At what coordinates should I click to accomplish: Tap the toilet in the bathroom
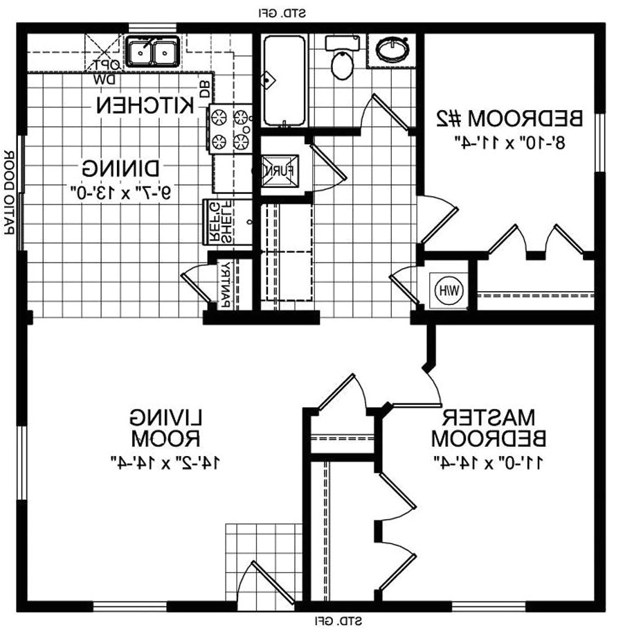tap(341, 63)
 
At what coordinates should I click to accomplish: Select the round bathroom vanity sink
tap(393, 50)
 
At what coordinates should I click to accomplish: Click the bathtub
tap(284, 80)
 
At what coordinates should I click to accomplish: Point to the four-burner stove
tap(231, 129)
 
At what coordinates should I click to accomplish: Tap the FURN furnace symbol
tap(282, 168)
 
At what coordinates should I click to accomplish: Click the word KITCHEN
tap(145, 106)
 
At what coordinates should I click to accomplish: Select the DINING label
tap(121, 168)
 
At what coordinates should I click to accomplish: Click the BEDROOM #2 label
tap(510, 118)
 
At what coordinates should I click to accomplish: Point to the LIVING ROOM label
tap(166, 428)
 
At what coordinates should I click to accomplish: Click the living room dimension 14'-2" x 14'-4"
tap(164, 460)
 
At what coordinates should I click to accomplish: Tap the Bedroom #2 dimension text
tap(509, 141)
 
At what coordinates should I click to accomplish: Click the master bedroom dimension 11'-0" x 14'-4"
tap(489, 460)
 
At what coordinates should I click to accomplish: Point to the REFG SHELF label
tap(221, 222)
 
